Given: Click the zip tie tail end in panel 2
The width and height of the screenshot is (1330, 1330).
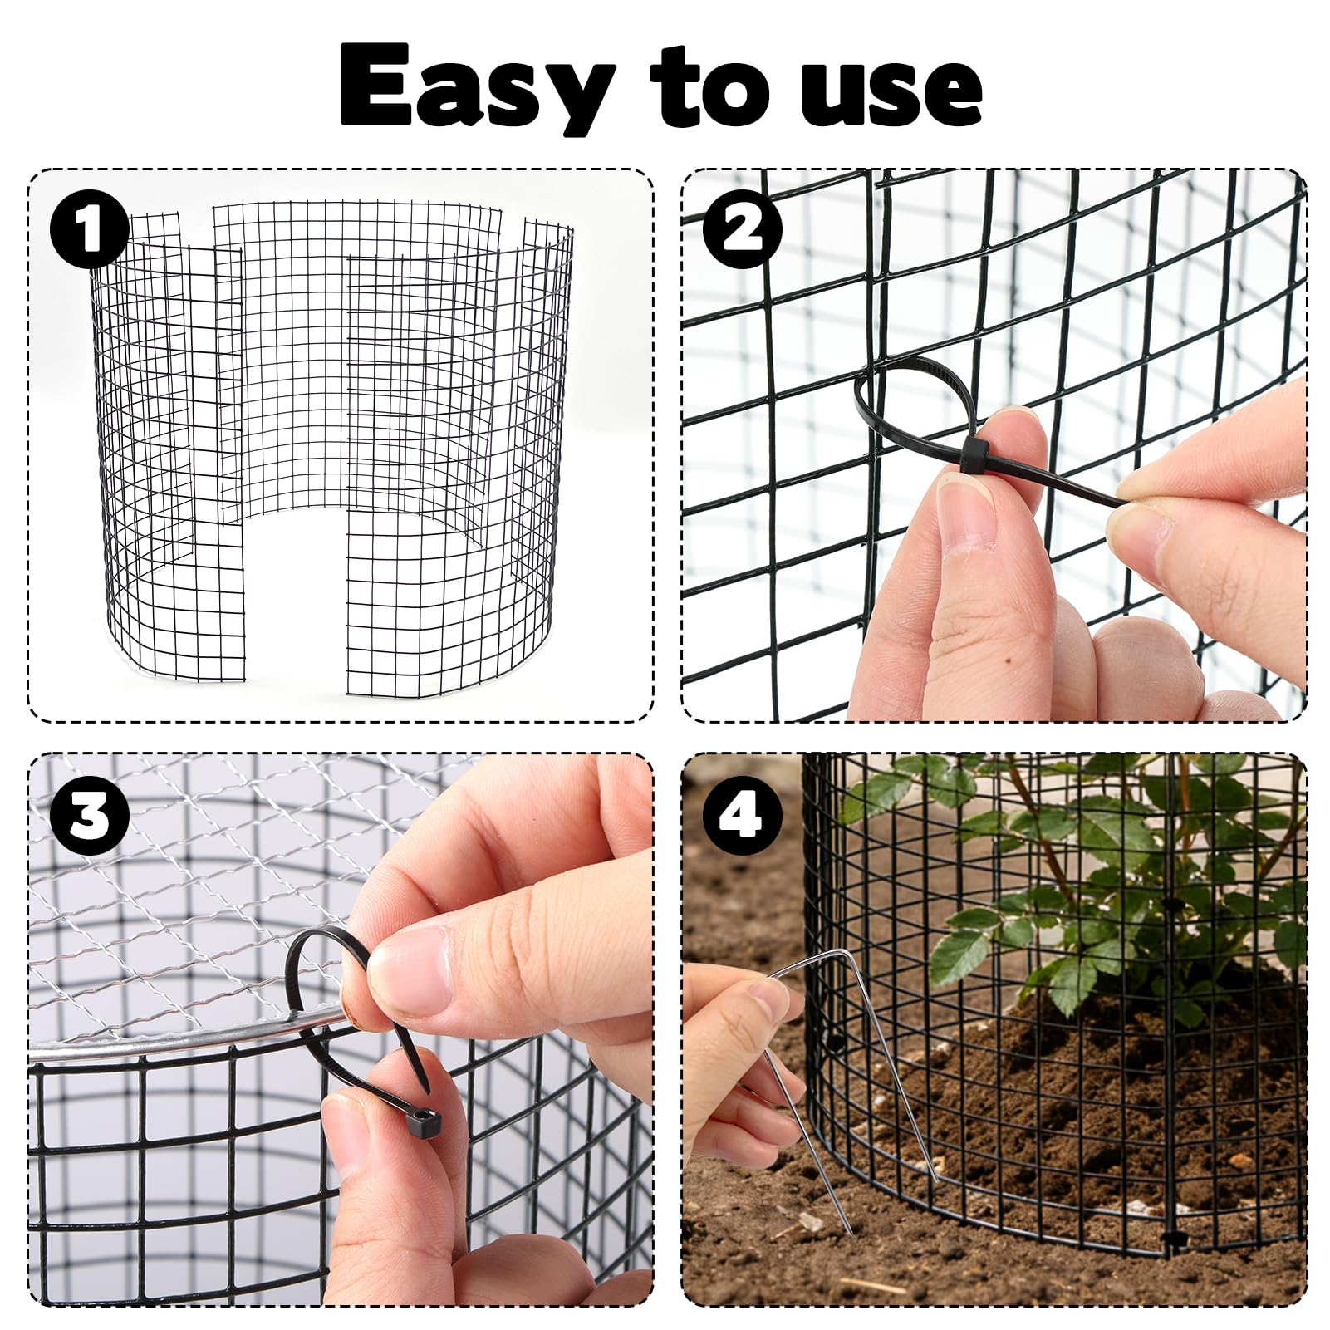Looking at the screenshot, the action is tap(1121, 502).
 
